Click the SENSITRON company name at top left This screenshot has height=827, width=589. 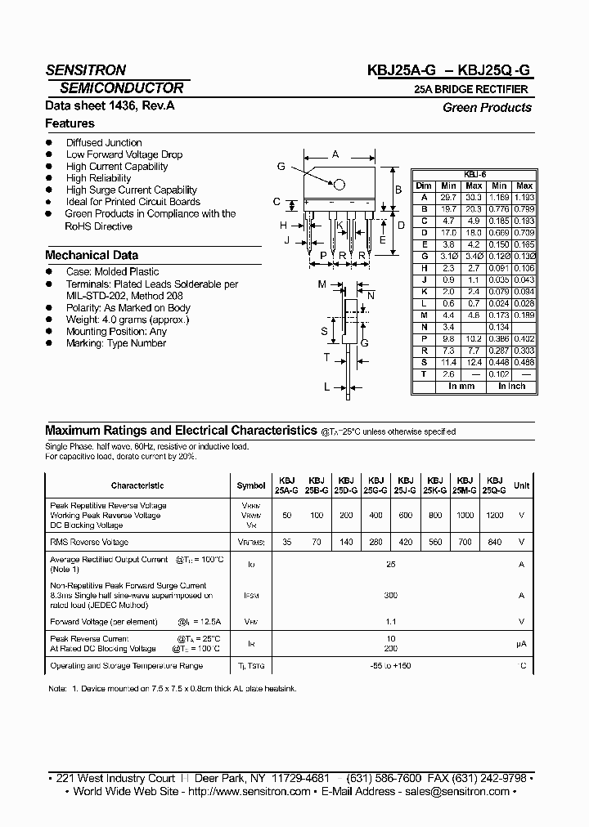point(86,70)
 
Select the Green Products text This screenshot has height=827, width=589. point(487,108)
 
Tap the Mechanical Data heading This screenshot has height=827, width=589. point(91,255)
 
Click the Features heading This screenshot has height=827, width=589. point(70,123)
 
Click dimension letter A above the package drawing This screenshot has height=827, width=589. point(335,153)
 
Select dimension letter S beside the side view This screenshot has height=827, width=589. point(325,331)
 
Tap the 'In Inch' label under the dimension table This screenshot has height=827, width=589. point(511,386)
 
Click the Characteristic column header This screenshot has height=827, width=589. point(137,485)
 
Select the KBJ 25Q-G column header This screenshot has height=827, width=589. point(496,485)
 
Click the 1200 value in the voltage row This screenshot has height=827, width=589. point(496,516)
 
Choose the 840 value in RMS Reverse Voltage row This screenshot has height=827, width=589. point(496,543)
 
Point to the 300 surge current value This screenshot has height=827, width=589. point(390,596)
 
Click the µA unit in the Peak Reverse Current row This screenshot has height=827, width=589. point(521,643)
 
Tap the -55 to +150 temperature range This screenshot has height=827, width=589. point(390,667)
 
